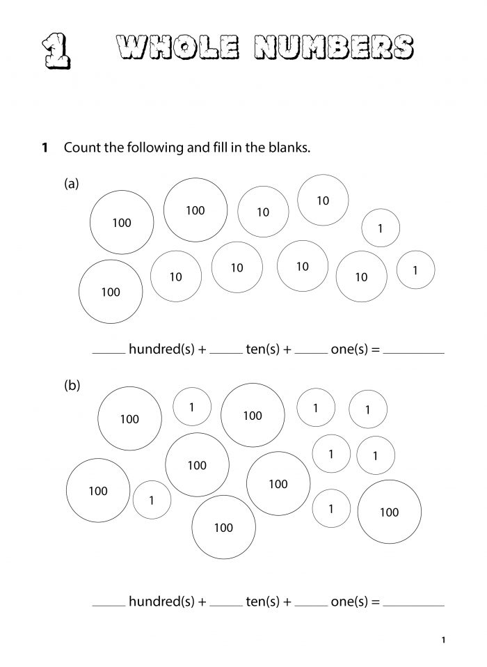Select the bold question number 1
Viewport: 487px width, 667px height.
[x=45, y=148]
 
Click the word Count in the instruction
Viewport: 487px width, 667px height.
[x=81, y=148]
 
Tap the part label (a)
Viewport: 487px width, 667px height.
[x=72, y=184]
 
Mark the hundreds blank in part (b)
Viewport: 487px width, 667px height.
[x=109, y=603]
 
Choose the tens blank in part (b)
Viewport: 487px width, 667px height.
[x=225, y=603]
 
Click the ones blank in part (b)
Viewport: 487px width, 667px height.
[x=311, y=603]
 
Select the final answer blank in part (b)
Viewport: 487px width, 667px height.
[x=413, y=603]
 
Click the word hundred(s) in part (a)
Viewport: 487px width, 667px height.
[x=163, y=350]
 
